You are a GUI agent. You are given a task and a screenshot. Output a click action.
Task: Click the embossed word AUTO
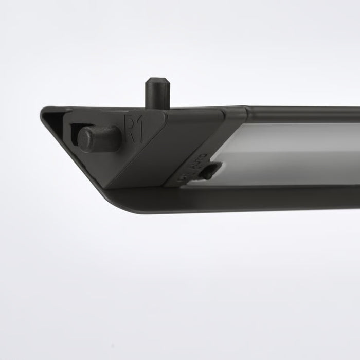click(x=199, y=159)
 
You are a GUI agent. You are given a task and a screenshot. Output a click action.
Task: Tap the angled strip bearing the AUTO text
click(x=195, y=165)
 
